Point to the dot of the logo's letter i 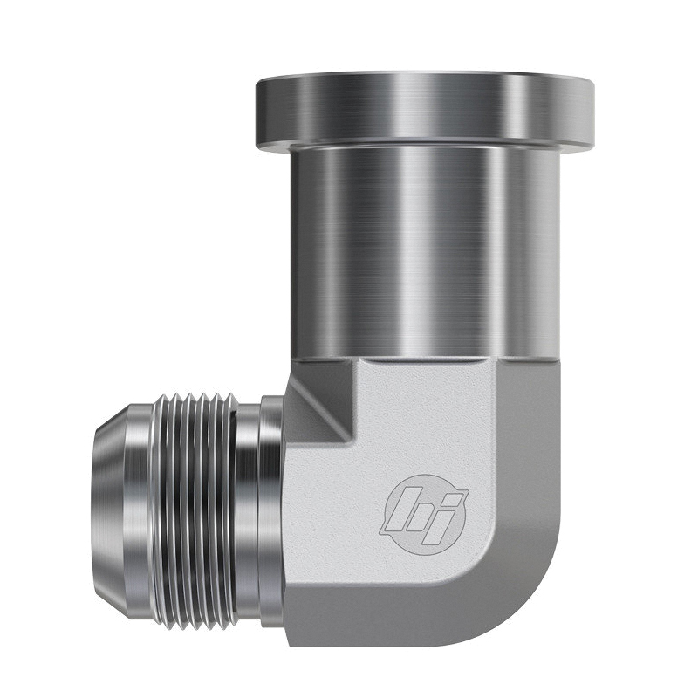point(453,494)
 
